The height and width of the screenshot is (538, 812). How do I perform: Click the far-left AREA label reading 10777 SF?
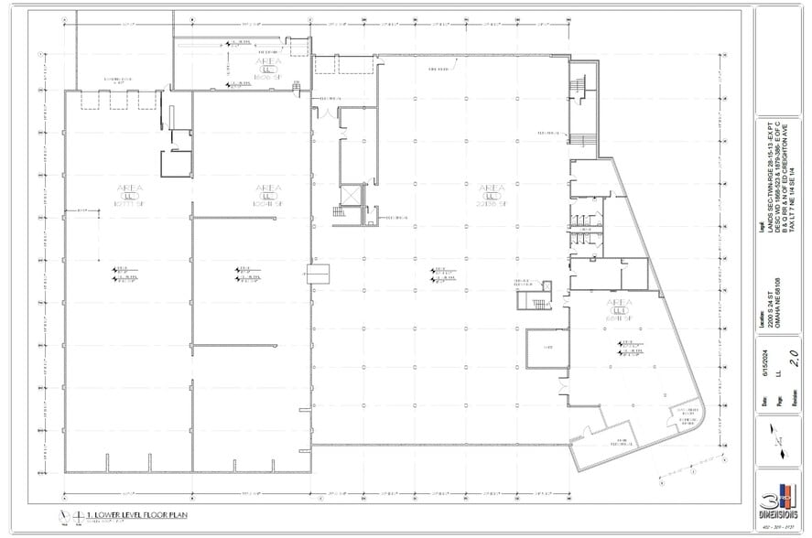pos(127,192)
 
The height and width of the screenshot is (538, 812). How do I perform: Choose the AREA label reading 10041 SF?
pos(269,192)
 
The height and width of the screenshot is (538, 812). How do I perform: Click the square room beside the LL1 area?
pos(542,349)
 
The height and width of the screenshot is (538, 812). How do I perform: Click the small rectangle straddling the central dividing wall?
pos(316,273)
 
